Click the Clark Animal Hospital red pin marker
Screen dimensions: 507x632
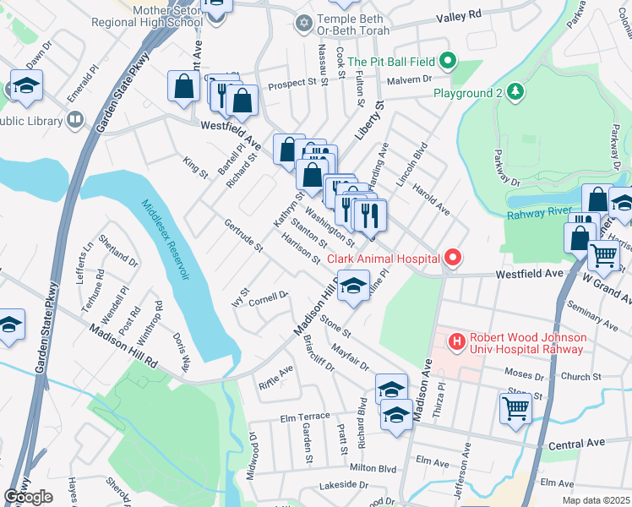tap(453, 257)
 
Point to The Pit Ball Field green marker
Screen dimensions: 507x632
tap(449, 61)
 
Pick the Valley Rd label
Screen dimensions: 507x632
tap(459, 15)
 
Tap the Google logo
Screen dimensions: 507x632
tap(28, 497)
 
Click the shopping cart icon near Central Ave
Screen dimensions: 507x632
tap(515, 408)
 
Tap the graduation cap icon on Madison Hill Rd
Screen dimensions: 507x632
tap(354, 286)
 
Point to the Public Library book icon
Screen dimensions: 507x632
tap(75, 120)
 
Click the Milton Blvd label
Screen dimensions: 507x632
tap(373, 467)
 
